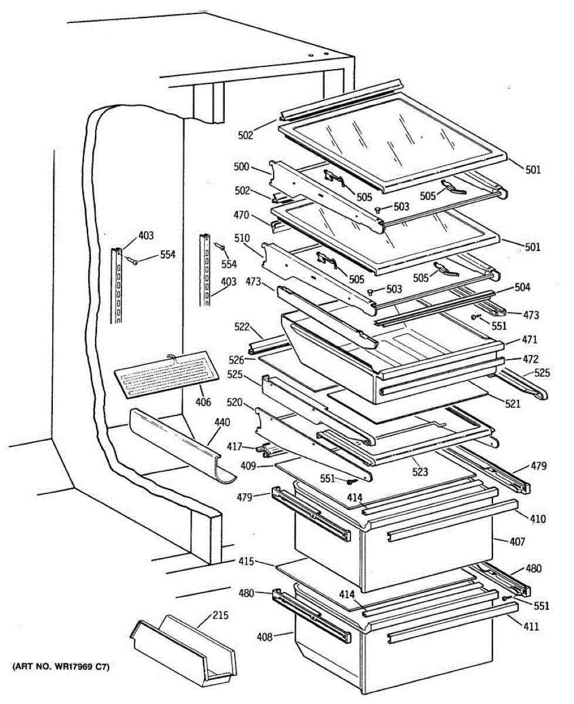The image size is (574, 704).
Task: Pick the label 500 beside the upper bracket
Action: pyautogui.click(x=242, y=167)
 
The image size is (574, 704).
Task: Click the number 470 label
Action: pyautogui.click(x=242, y=215)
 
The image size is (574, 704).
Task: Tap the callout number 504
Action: pyautogui.click(x=522, y=287)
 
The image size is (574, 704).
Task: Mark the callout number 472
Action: pyautogui.click(x=530, y=359)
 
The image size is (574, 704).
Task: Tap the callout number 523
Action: pyautogui.click(x=420, y=471)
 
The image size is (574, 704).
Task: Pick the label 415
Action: pyautogui.click(x=247, y=561)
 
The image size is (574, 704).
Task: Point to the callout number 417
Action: pyautogui.click(x=235, y=446)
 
